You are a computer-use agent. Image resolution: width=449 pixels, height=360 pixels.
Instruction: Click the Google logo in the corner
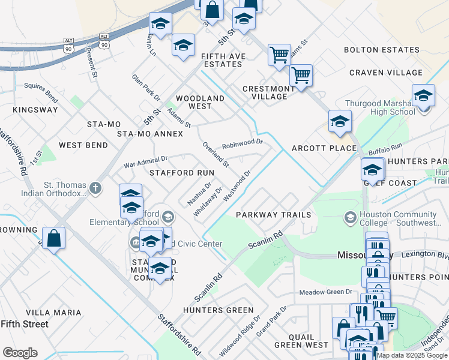pos(20,353)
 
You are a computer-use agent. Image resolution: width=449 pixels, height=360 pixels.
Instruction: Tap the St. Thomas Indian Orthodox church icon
pos(95,189)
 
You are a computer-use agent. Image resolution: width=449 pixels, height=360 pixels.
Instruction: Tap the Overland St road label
pos(215,154)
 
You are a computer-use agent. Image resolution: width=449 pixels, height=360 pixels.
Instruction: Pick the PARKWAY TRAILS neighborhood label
pos(273,214)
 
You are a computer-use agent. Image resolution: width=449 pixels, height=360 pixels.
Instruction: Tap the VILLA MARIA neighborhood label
pos(54,313)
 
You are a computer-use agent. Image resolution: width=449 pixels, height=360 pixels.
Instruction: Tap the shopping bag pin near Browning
pos(53,238)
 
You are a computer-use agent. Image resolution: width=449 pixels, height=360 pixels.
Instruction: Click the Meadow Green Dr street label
pos(326,292)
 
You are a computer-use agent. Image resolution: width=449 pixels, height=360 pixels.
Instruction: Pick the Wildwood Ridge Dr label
pos(240,337)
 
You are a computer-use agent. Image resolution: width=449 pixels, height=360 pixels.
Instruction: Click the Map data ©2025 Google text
pos(412,355)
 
